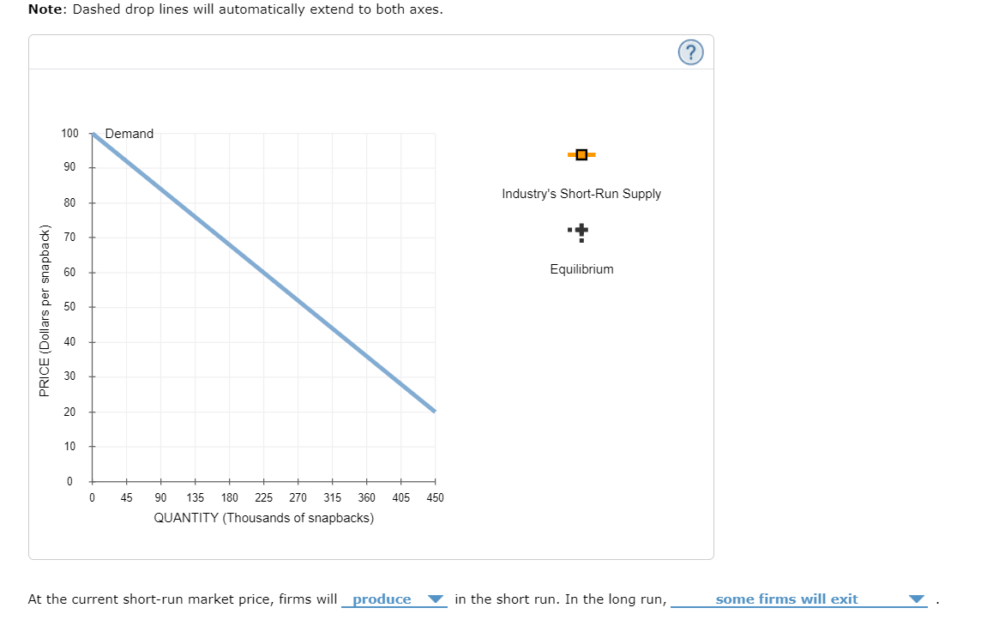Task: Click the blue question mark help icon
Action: [x=691, y=53]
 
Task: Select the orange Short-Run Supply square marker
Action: [x=581, y=155]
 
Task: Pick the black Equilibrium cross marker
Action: [x=581, y=231]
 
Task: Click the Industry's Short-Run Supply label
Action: [x=581, y=194]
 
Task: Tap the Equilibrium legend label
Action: [x=581, y=269]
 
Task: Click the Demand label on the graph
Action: [x=129, y=134]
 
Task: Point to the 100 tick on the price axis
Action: [x=70, y=134]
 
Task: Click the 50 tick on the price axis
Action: [x=70, y=306]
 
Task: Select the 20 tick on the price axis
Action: [x=70, y=412]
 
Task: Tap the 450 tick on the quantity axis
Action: [x=435, y=497]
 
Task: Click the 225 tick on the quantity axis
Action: [x=263, y=497]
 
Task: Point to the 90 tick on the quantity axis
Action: [x=160, y=497]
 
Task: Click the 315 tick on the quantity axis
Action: [x=332, y=497]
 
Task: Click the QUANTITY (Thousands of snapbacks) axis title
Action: [x=263, y=518]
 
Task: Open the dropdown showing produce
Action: [x=394, y=599]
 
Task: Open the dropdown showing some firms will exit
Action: [x=798, y=599]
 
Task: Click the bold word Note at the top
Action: [x=46, y=9]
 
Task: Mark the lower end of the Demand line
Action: [x=435, y=412]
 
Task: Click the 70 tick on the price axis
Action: [x=70, y=237]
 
